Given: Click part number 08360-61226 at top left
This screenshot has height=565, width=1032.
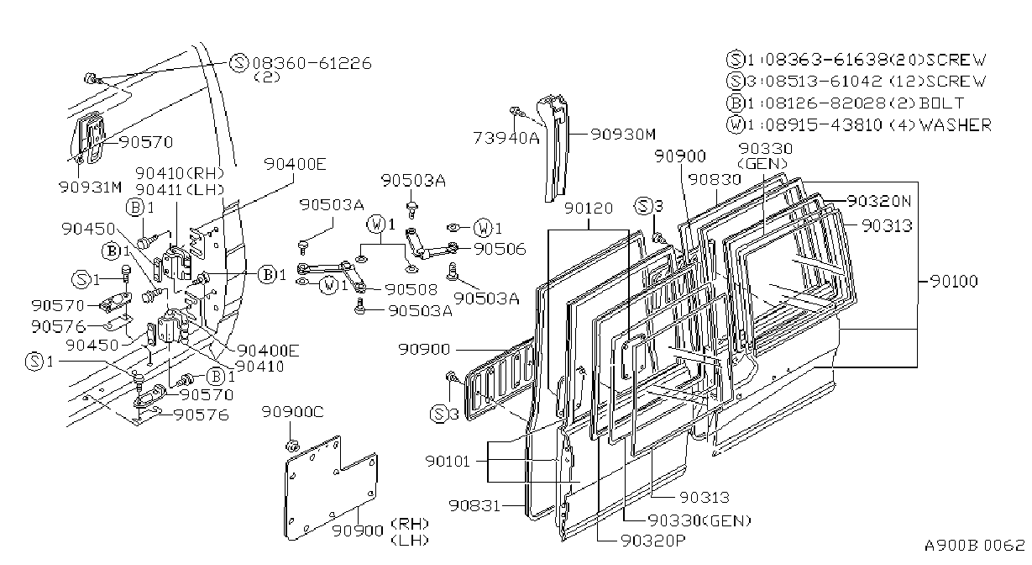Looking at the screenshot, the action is (312, 63).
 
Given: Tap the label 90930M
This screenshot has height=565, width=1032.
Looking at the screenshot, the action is (623, 135).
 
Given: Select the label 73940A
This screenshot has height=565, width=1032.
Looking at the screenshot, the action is (506, 138).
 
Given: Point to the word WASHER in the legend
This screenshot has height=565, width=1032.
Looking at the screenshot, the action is (956, 124).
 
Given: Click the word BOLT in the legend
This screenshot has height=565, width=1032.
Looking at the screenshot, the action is (941, 103).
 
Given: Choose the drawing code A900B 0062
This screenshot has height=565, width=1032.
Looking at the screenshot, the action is (975, 546).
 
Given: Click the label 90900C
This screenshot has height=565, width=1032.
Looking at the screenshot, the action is (293, 412).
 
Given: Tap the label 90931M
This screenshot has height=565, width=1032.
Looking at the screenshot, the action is (91, 187).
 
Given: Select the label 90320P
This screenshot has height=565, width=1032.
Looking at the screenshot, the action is (653, 541).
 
